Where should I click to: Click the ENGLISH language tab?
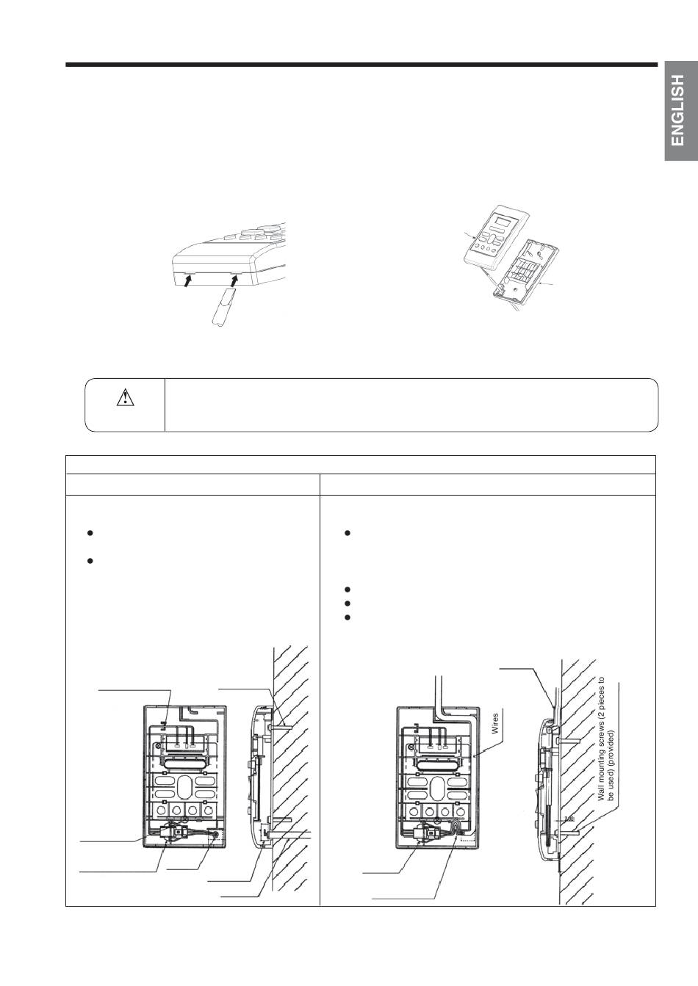[x=681, y=111]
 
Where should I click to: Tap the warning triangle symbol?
[x=126, y=397]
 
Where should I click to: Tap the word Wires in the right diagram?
[x=495, y=724]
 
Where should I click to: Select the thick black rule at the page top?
[x=361, y=65]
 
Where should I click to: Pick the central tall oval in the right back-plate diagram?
[x=437, y=788]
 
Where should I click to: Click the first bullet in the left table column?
[x=90, y=532]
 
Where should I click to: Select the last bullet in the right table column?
[x=348, y=617]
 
